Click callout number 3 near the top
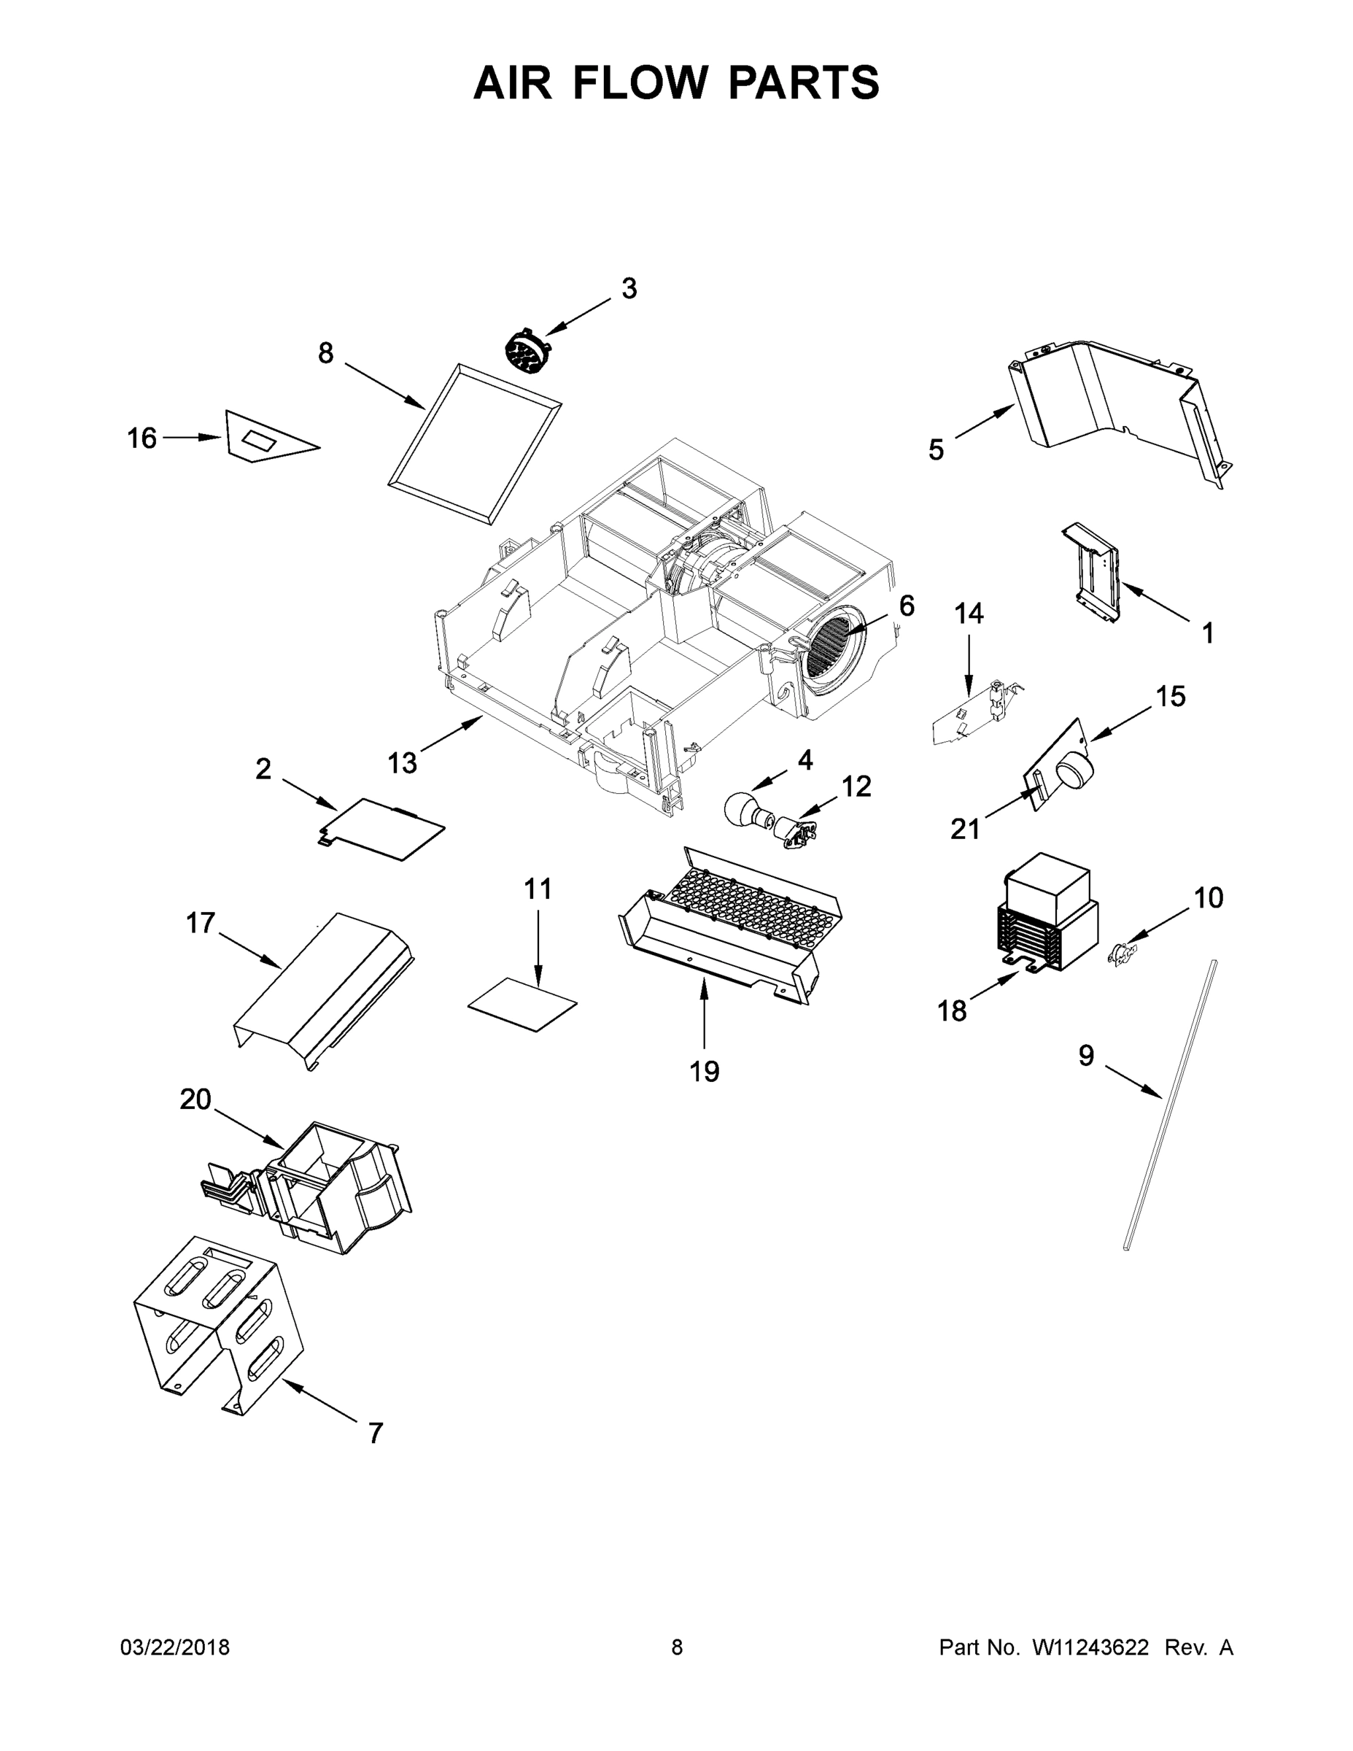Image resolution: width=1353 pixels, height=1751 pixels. click(629, 289)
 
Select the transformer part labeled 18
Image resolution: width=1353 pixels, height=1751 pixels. click(1046, 911)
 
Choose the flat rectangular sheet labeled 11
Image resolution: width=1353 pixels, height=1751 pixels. click(523, 1003)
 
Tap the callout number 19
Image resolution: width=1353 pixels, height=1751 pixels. click(705, 1071)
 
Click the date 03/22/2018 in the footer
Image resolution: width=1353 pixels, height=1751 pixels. click(175, 1647)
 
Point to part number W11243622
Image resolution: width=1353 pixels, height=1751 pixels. click(1090, 1647)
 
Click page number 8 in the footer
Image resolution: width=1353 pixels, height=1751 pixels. click(677, 1647)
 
